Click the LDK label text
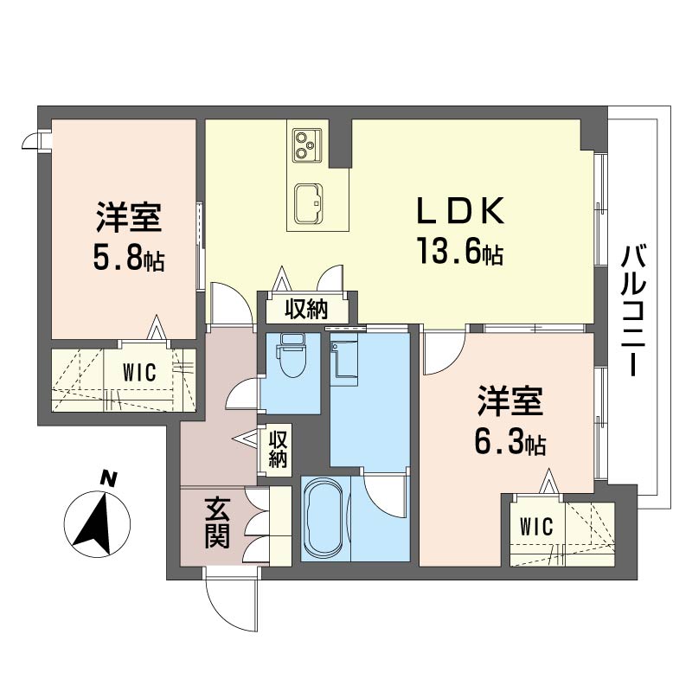click(460, 210)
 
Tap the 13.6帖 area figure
click(460, 251)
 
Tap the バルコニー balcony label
click(633, 311)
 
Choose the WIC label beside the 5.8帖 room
click(139, 372)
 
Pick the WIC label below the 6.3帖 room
click(536, 527)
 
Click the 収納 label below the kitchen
click(306, 309)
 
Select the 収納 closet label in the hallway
click(278, 449)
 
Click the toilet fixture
click(290, 356)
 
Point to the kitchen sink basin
click(309, 203)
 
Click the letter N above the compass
click(109, 478)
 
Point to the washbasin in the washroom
click(344, 359)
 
